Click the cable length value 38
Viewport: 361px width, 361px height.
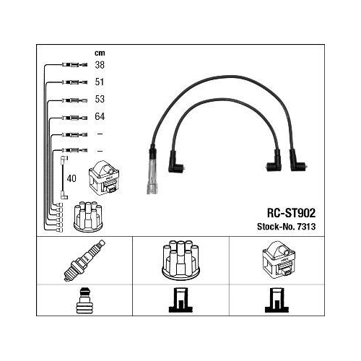tap(100, 65)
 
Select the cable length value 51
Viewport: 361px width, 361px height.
tap(100, 82)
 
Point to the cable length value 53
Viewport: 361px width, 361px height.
tap(100, 99)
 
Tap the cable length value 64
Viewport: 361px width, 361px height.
tap(100, 116)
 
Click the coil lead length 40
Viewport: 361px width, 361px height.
tap(71, 178)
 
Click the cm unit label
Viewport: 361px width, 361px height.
tap(100, 53)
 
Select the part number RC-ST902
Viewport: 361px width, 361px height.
tap(291, 213)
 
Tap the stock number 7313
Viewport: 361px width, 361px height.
tap(306, 227)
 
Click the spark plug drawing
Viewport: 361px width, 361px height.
tap(84, 261)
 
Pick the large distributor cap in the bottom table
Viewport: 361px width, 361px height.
tap(181, 260)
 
